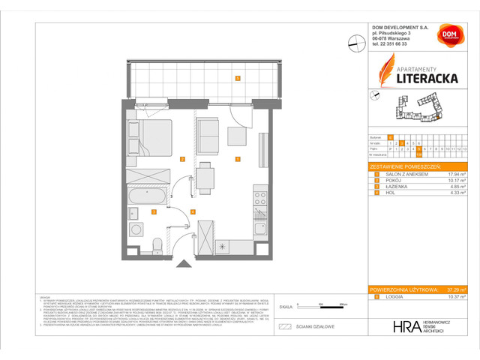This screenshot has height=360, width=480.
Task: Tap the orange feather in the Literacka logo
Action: click(382, 72)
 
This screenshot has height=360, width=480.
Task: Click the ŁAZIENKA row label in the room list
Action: click(397, 187)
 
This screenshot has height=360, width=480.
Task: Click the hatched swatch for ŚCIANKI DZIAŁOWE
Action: click(284, 327)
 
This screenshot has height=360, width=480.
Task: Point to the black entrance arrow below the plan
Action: click(180, 262)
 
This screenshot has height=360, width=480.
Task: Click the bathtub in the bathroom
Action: click(148, 196)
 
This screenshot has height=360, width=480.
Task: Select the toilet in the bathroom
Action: click(156, 245)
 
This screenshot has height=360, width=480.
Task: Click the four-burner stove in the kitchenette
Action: click(260, 199)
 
